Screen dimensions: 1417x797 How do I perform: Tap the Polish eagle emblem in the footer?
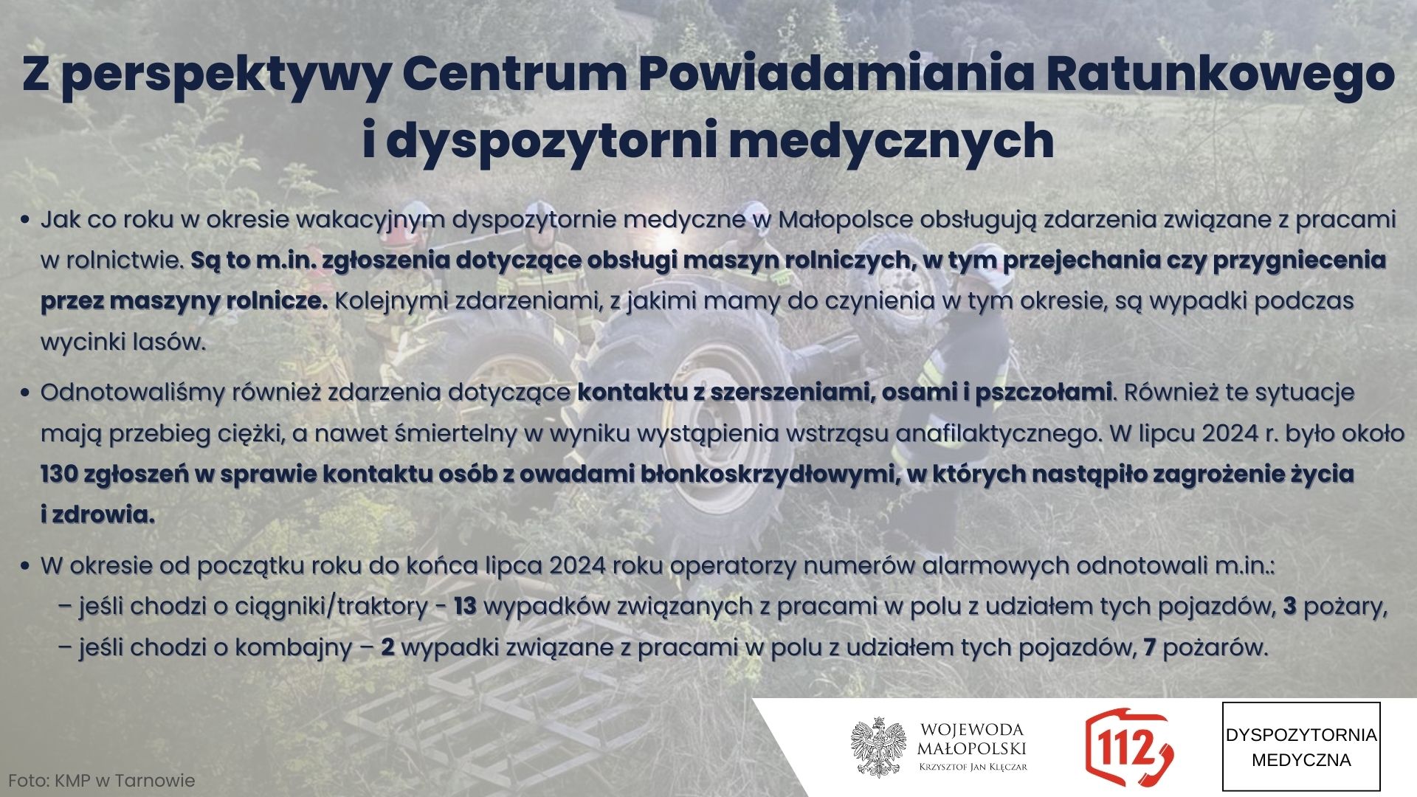pos(878,747)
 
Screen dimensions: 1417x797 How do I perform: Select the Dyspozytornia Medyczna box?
pos(1301,746)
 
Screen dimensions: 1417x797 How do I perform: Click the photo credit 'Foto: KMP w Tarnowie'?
pos(102,781)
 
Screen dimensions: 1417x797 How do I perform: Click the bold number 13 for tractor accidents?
pos(465,607)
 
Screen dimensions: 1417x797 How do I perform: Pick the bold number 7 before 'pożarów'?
pos(1149,648)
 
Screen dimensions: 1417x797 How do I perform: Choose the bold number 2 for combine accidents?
pos(387,648)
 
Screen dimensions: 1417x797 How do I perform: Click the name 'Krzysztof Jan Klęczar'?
pos(973,767)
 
